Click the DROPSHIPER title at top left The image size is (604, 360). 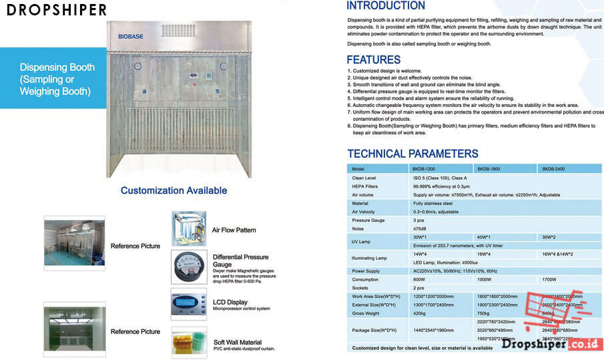[x=54, y=10]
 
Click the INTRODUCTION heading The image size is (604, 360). [x=386, y=6]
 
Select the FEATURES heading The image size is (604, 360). [x=373, y=59]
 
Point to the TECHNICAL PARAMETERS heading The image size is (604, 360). [x=412, y=154]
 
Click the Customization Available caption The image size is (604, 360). [x=174, y=190]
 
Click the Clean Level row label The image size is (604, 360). [x=364, y=178]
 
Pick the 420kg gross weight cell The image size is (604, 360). [x=420, y=313]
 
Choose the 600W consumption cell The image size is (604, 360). [x=418, y=279]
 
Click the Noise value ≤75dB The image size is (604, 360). [x=419, y=228]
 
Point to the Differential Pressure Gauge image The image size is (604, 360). [x=188, y=266]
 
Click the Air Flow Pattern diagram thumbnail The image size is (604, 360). [x=188, y=228]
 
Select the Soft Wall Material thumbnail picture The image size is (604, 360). [x=188, y=341]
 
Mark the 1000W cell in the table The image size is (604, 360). [x=484, y=279]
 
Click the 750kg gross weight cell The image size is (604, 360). [x=484, y=313]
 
